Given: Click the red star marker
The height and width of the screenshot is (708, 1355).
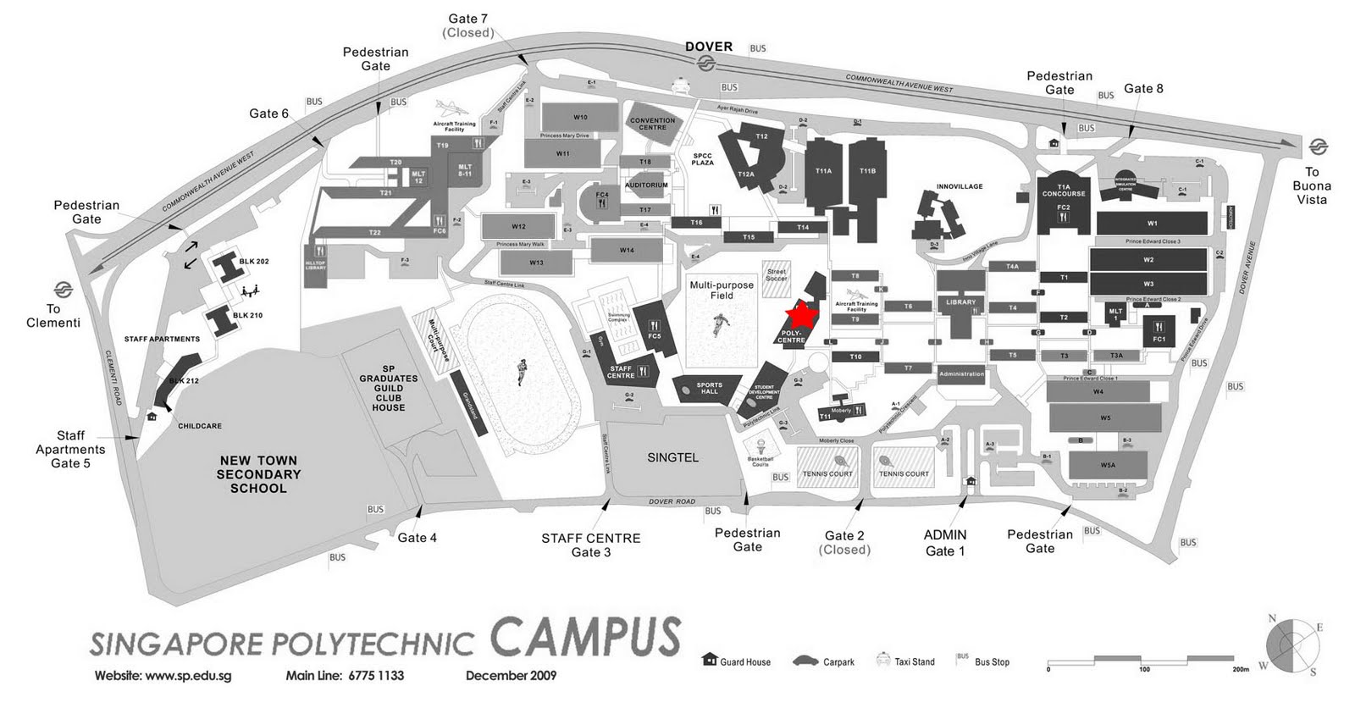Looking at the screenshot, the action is [800, 315].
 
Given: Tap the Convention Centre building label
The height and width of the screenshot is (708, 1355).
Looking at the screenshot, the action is [652, 124].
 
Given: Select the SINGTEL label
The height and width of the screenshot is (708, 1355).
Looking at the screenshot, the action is [672, 457].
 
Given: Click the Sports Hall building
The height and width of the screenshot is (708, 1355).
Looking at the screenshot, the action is [709, 389].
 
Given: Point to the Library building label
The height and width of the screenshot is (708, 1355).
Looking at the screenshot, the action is [960, 302].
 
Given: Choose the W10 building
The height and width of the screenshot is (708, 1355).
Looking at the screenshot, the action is [580, 117].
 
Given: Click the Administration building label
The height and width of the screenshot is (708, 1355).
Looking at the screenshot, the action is [961, 373].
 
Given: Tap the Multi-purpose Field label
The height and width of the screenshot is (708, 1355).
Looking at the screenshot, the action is [722, 290].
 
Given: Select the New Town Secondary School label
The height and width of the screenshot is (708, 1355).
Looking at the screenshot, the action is [258, 474].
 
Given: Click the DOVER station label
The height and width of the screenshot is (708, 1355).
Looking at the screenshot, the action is [709, 47].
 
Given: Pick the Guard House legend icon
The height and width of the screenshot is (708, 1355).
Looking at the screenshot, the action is [710, 660].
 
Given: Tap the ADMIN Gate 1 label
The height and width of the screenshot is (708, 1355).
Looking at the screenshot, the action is [945, 543].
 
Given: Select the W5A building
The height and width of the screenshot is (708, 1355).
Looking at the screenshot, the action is [1108, 465].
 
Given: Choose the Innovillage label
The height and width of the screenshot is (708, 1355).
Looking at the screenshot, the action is [960, 186].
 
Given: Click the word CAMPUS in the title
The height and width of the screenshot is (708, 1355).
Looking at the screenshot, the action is [585, 638].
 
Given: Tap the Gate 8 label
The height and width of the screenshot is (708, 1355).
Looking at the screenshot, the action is [1143, 88].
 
